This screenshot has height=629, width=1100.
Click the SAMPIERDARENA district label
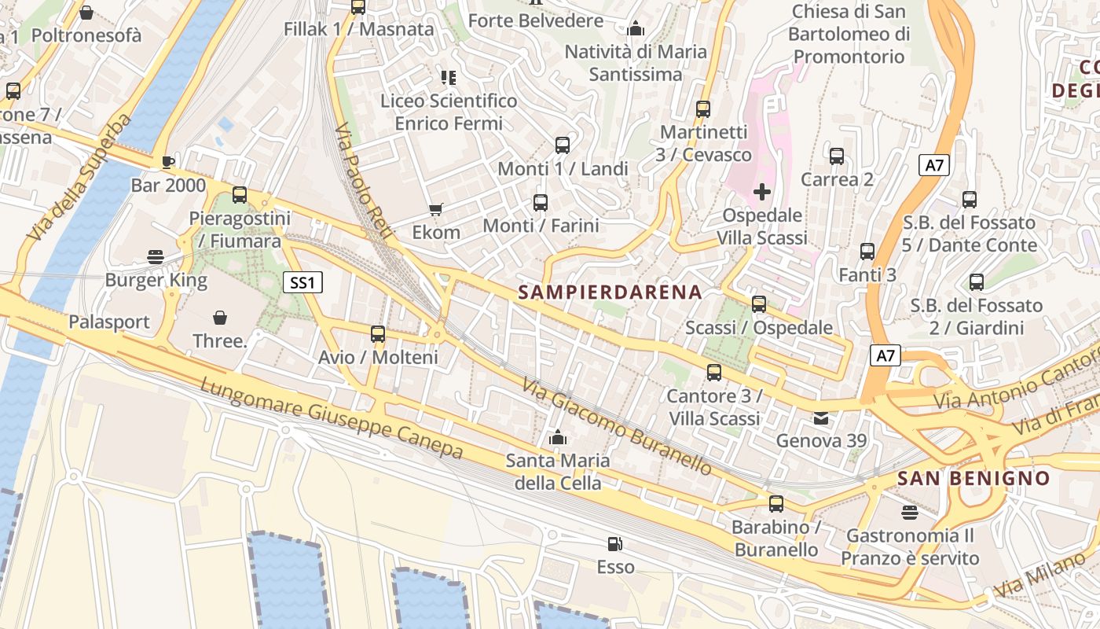610,292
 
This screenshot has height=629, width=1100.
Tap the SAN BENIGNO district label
973,478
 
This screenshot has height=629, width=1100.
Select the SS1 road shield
302,282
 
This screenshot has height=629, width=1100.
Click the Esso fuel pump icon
615,544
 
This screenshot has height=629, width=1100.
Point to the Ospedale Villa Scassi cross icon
761,191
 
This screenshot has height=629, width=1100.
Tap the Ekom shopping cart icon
436,209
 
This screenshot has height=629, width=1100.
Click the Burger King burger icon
156,256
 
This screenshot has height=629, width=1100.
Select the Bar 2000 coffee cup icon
167,163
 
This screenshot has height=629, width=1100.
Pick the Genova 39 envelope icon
821,417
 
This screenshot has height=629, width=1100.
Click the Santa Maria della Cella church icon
558,437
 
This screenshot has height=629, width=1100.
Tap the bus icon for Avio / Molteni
378,334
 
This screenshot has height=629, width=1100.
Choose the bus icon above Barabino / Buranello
776,504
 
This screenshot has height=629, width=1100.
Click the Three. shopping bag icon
220,318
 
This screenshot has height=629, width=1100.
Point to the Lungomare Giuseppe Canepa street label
332,418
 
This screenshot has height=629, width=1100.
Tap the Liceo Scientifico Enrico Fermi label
449,112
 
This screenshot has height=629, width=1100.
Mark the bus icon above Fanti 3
867,252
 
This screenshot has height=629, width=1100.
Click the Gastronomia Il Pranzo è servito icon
910,513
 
